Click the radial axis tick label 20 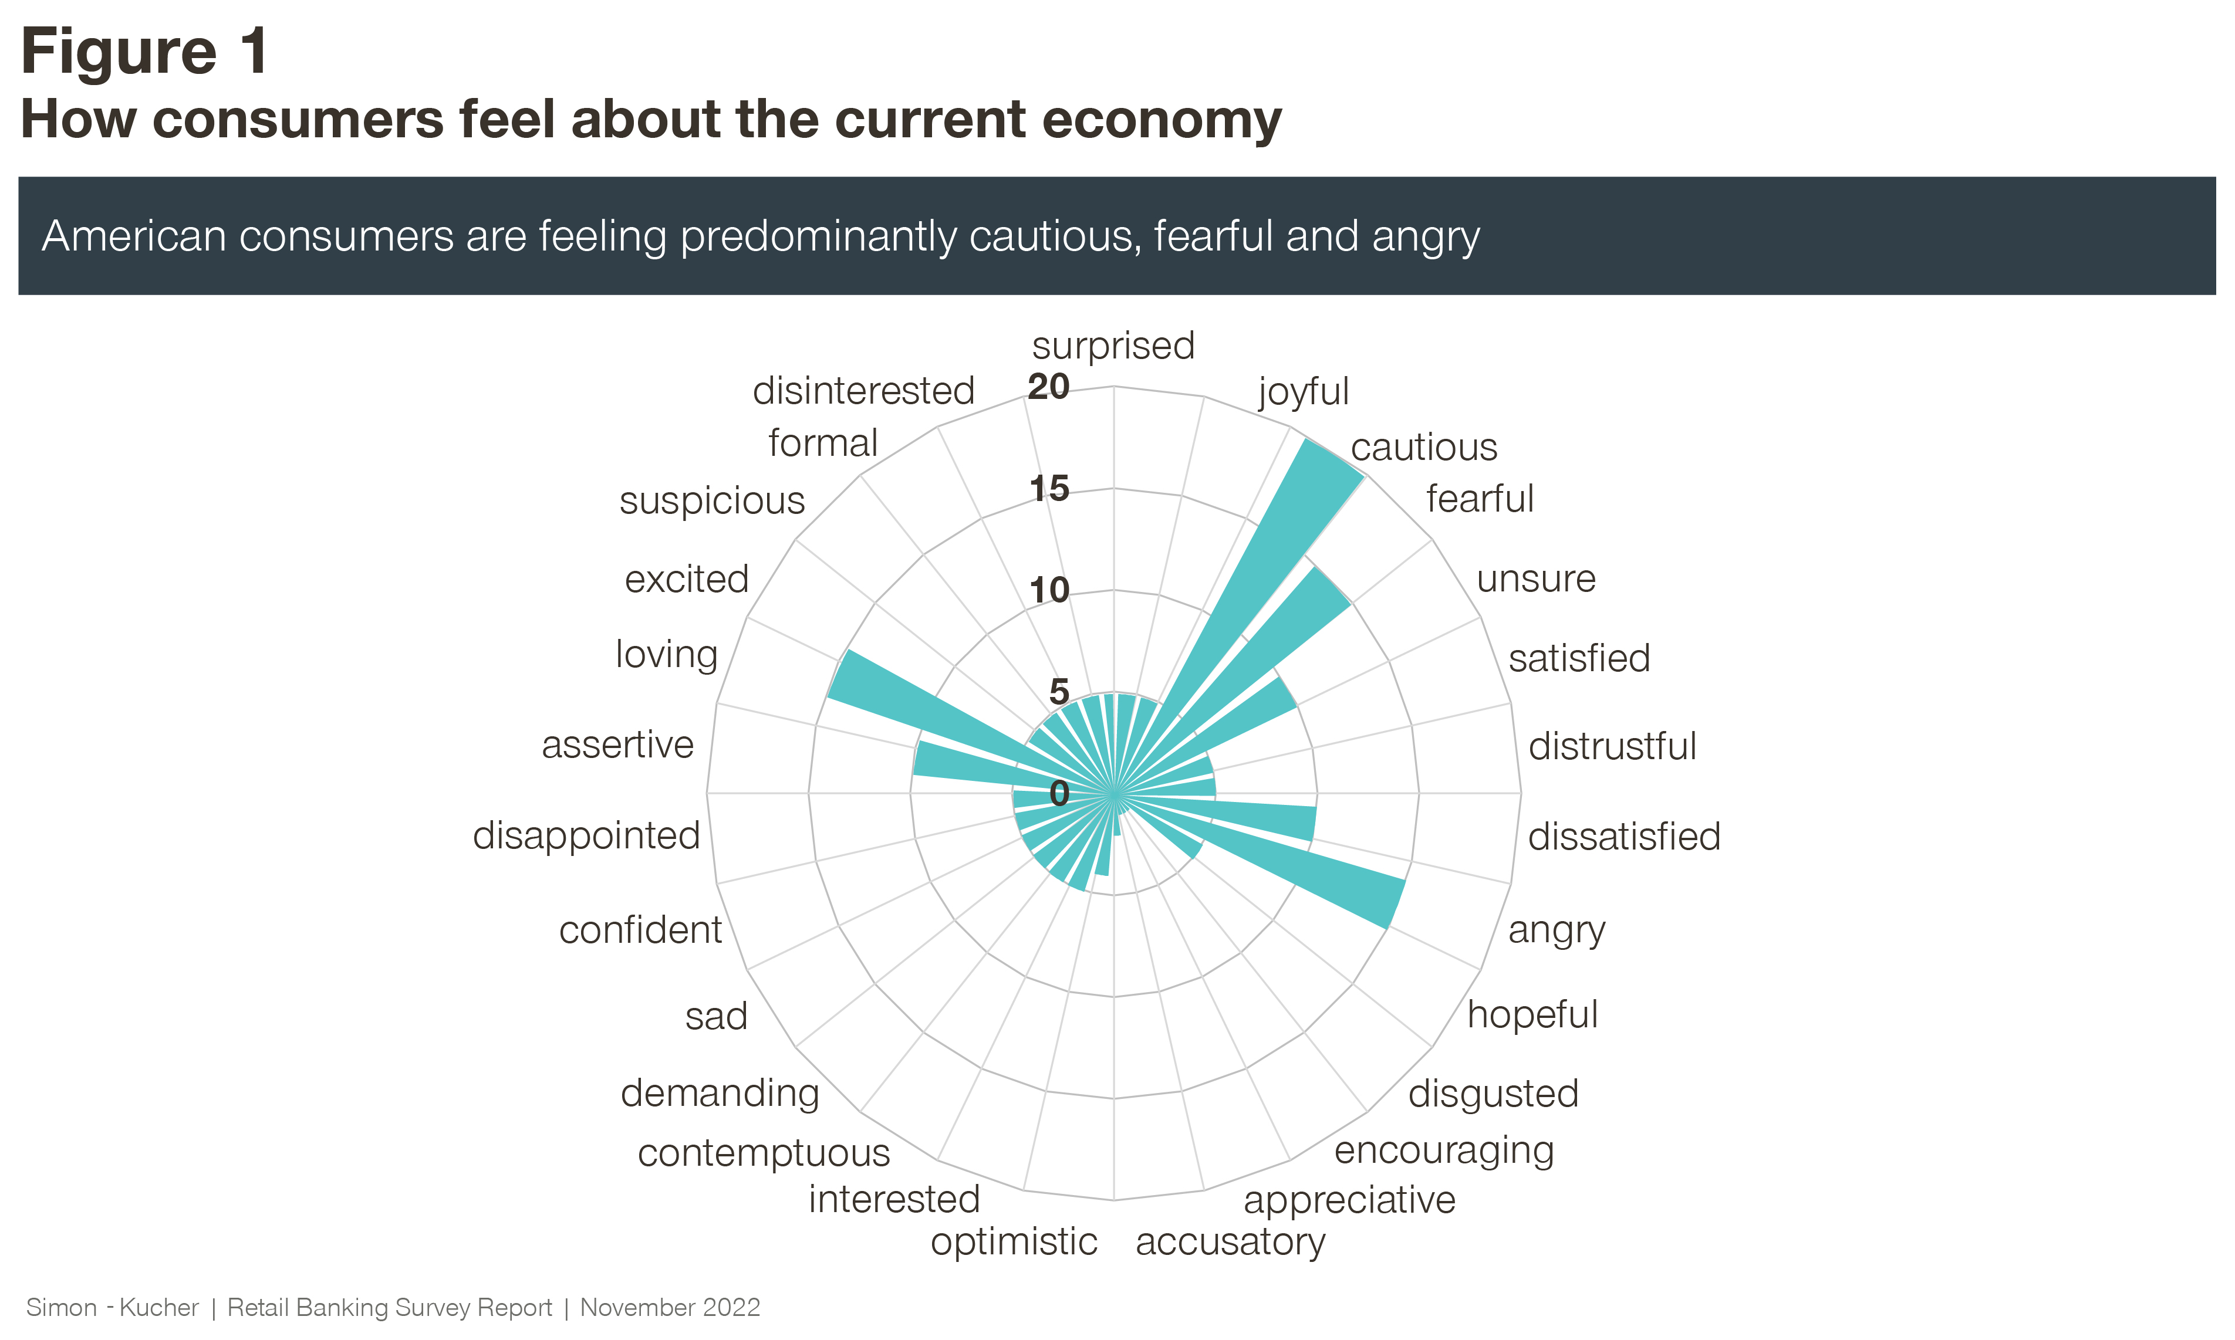[1048, 387]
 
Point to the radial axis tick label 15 [1049, 489]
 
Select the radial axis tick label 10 [1049, 591]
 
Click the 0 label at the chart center [1059, 794]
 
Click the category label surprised [1113, 346]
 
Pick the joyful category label [1303, 392]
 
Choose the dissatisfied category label [1623, 837]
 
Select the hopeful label [1532, 1015]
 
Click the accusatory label [1230, 1243]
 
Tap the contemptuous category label [764, 1154]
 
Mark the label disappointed [587, 836]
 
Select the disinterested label [863, 391]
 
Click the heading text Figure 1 [144, 52]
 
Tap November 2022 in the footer [670, 1308]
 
